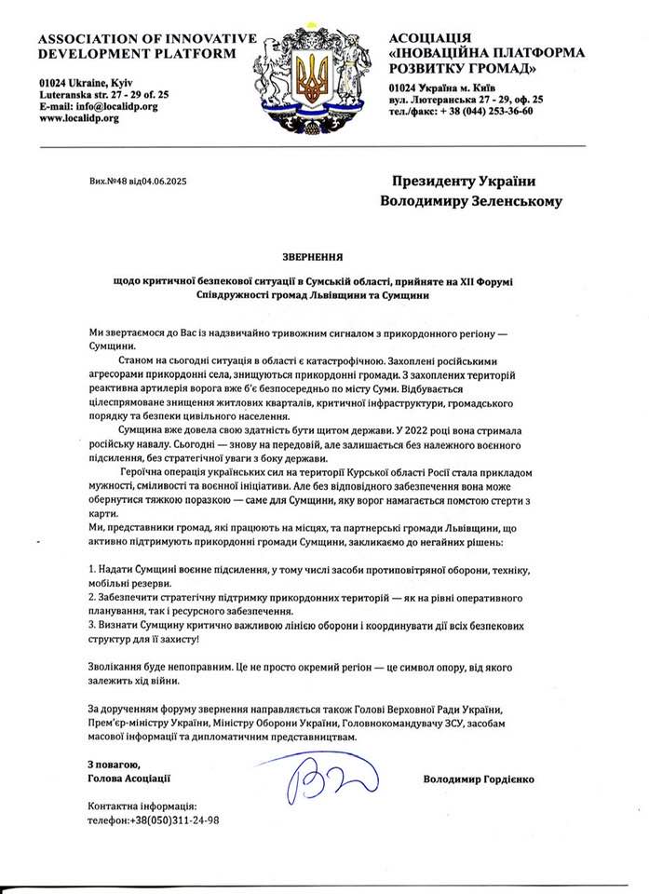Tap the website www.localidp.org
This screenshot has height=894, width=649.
click(79, 118)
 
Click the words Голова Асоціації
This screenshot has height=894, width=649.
click(128, 778)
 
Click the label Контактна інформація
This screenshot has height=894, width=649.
click(141, 806)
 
